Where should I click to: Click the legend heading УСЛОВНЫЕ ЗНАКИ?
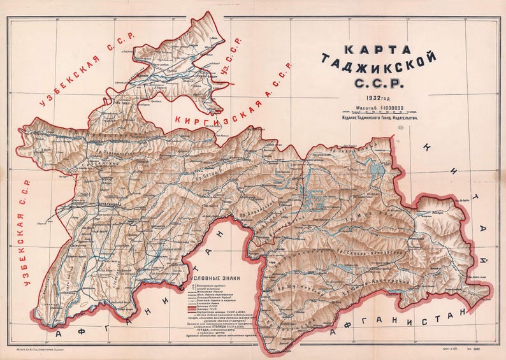215,278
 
